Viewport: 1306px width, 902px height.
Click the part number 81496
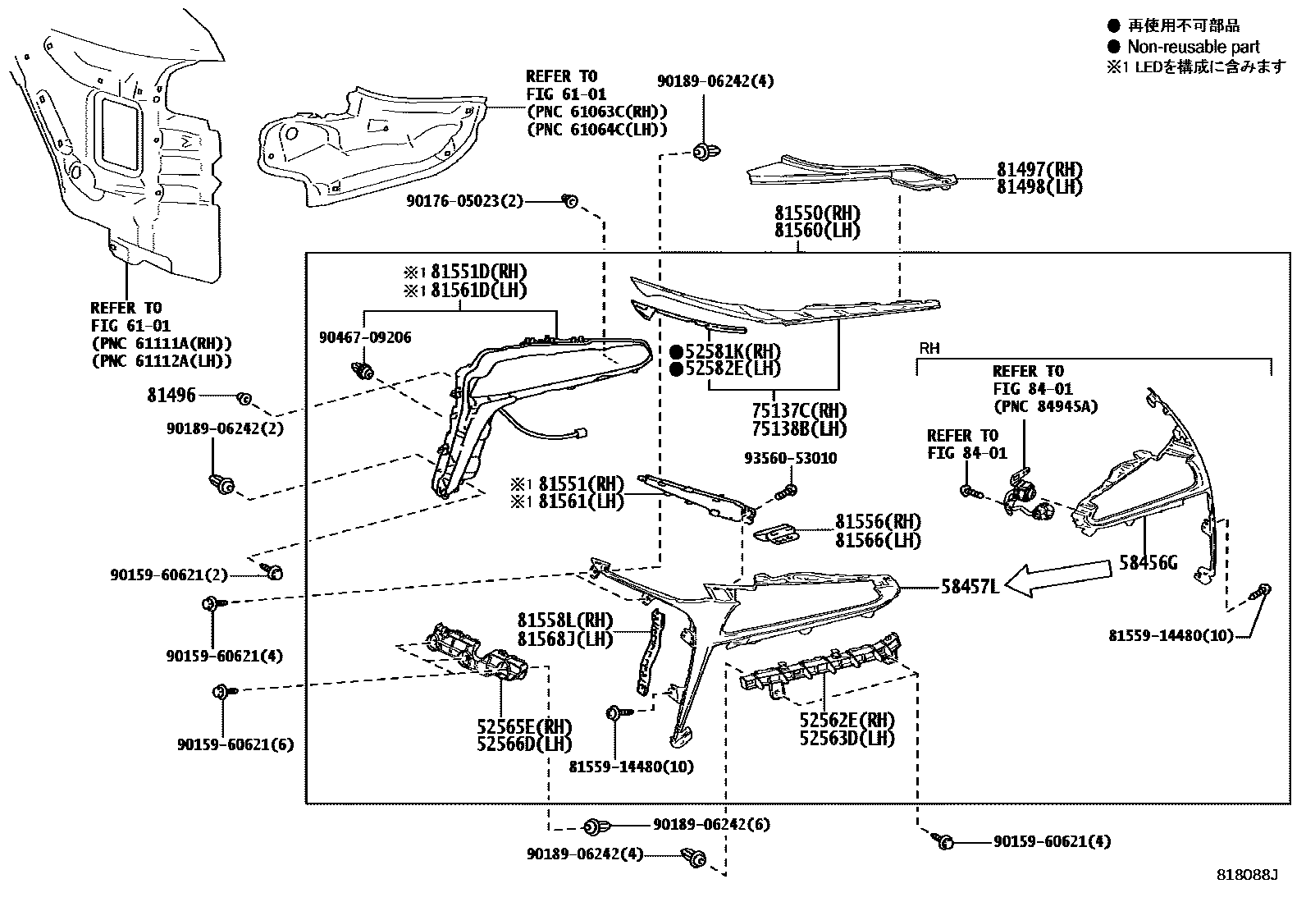point(171,396)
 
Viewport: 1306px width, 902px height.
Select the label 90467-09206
point(365,337)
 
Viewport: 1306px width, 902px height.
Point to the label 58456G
point(1148,563)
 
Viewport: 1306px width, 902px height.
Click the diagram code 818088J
point(1248,875)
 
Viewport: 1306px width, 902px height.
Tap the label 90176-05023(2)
point(464,201)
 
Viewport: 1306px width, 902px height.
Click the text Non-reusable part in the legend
point(1193,47)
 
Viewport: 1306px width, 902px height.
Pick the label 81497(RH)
point(1039,170)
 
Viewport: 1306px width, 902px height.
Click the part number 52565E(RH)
point(524,726)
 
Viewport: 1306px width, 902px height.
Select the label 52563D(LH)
point(847,737)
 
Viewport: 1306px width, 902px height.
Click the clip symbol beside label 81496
point(244,398)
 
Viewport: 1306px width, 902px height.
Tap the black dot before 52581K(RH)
point(677,351)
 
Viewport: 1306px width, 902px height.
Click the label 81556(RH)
point(878,522)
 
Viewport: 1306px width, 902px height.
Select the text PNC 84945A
point(1045,406)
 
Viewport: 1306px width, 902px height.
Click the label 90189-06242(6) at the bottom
point(712,824)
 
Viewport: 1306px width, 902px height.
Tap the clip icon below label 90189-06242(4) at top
point(703,151)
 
